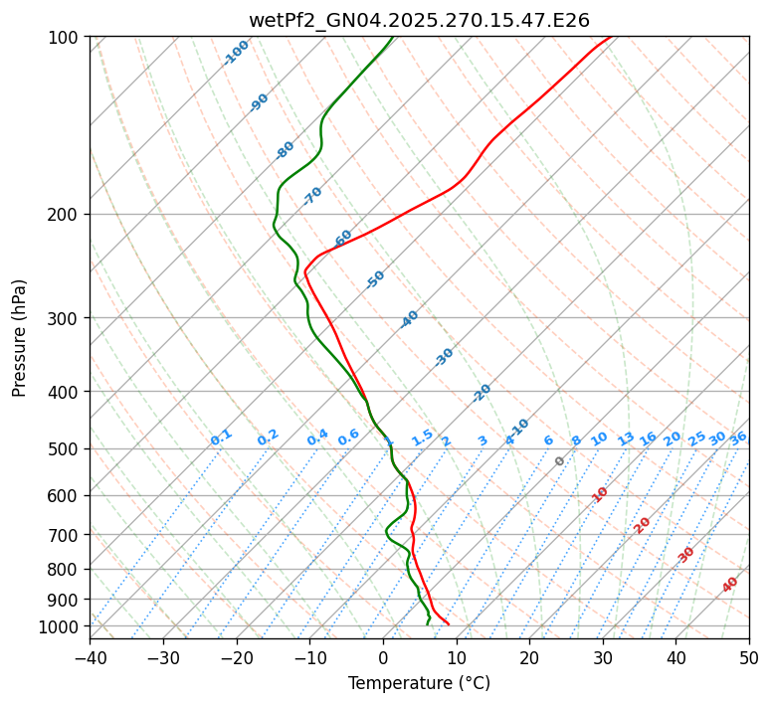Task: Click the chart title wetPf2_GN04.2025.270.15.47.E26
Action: coord(419,20)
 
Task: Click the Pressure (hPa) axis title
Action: coord(20,338)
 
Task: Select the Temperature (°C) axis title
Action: coord(419,683)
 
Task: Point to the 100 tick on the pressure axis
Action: coord(67,38)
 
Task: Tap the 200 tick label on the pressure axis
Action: coord(67,214)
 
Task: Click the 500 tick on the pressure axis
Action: coord(67,448)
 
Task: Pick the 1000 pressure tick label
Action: coord(63,626)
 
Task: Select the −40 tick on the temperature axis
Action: coord(90,657)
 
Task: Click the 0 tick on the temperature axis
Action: coord(383,657)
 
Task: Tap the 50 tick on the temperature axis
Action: coord(749,657)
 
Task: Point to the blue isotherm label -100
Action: coord(237,52)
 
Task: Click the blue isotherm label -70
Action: coord(313,195)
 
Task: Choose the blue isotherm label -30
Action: coord(444,357)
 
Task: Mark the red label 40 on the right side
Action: coord(730,585)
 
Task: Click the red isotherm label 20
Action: coord(643,524)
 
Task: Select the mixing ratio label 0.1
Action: coord(221,438)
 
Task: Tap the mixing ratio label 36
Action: coord(738,438)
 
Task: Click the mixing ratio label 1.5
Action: coord(422,438)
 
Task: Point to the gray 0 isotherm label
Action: coord(560,461)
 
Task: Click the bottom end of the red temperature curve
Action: coord(449,624)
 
